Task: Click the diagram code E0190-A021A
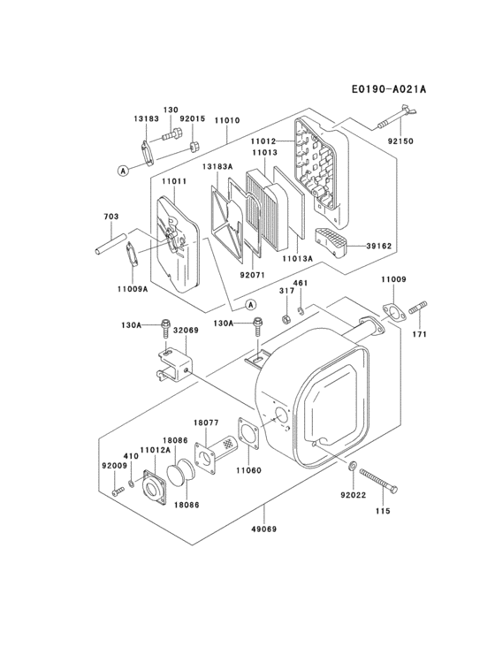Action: coord(388,89)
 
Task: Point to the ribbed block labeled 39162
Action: coord(332,241)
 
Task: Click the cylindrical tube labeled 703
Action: coord(110,241)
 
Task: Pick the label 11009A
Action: coord(133,288)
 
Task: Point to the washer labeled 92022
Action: coord(353,466)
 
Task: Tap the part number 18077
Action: coord(206,424)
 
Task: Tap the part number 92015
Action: coord(192,118)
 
